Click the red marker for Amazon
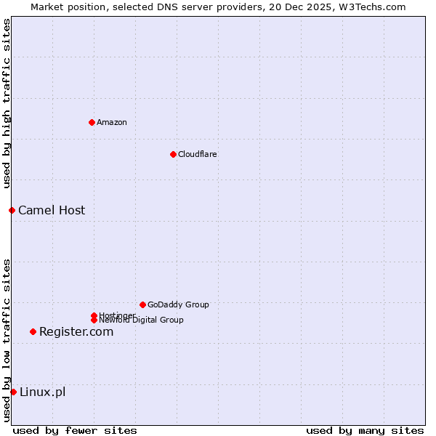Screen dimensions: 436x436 click(92, 122)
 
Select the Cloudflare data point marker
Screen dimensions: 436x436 click(173, 154)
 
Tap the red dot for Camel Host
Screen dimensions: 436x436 click(12, 210)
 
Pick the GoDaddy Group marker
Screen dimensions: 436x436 click(142, 304)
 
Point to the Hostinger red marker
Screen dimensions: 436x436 click(94, 315)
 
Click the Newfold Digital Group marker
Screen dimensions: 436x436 click(94, 320)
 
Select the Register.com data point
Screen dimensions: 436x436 click(33, 331)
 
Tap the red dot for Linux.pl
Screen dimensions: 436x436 click(13, 392)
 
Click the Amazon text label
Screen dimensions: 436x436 click(112, 122)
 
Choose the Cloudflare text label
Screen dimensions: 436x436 click(198, 154)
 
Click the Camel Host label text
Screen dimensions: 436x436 click(52, 210)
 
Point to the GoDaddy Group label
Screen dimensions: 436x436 click(178, 304)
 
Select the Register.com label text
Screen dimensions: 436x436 click(76, 331)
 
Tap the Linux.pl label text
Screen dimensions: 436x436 click(42, 392)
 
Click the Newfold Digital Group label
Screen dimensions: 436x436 click(142, 320)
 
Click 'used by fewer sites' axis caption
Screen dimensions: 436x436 click(75, 430)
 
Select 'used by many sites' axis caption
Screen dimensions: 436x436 click(365, 430)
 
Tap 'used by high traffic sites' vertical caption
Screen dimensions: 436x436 click(7, 103)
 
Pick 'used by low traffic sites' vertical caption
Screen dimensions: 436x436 click(7, 339)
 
